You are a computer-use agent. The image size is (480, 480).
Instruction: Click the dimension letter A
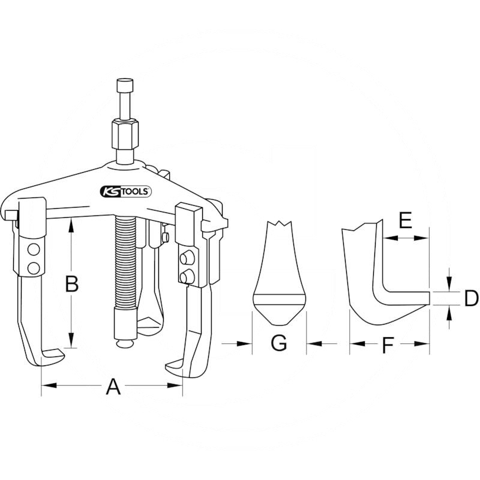113,388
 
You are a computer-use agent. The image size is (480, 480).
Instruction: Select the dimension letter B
71,284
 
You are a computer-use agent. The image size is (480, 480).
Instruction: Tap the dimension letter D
470,298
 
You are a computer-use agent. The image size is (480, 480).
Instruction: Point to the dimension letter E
406,221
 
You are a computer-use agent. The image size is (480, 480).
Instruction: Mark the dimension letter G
279,344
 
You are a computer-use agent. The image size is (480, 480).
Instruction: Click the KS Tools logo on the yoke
125,191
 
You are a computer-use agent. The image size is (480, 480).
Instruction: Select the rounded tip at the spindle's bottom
125,343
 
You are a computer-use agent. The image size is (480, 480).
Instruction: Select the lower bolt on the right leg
187,276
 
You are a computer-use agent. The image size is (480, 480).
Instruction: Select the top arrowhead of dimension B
71,221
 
